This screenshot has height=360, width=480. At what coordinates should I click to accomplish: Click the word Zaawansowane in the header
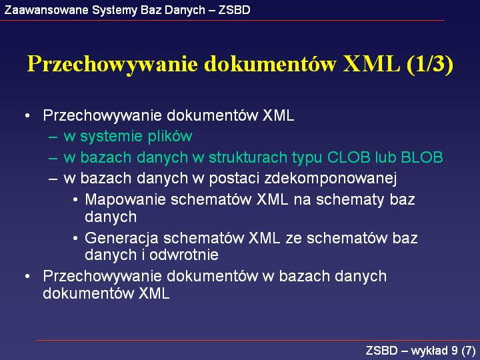click(47, 10)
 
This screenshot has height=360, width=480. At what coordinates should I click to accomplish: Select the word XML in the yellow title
click(371, 63)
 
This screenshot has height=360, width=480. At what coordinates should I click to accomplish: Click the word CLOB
click(349, 157)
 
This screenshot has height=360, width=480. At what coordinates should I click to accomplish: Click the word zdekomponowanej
click(330, 179)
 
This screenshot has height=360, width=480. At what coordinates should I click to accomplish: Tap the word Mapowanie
click(125, 200)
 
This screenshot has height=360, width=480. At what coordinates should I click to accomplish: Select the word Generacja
click(121, 239)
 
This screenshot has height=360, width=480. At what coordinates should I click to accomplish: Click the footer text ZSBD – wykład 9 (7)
click(421, 350)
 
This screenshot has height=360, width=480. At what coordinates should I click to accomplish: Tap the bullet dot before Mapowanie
click(75, 200)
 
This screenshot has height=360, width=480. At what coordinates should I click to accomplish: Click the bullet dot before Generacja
click(75, 239)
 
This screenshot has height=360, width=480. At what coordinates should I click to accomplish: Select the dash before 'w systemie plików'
click(53, 137)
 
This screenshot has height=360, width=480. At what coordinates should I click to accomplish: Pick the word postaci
click(233, 179)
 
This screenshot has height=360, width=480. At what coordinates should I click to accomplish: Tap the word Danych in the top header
click(185, 10)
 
